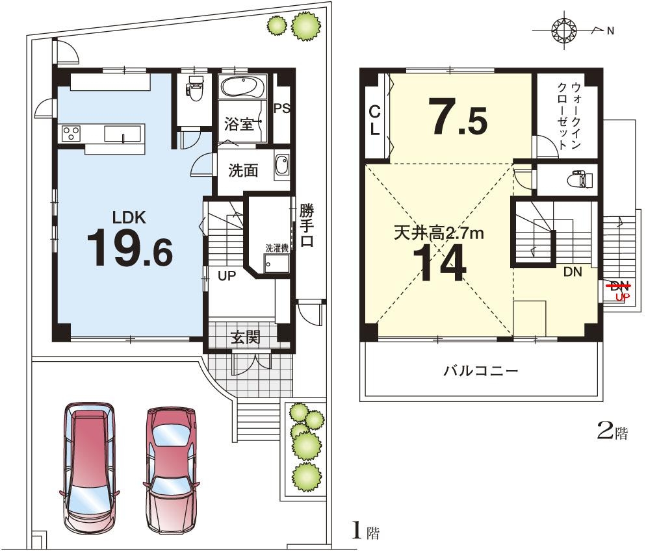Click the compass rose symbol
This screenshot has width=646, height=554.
point(564,30)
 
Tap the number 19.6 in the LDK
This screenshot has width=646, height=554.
point(130,249)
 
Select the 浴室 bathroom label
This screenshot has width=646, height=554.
point(239,124)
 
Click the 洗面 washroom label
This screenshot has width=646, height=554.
point(243,170)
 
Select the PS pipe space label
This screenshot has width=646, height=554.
point(282,108)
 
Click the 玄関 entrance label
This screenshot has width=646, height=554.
point(246,338)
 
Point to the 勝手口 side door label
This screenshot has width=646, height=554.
point(307,225)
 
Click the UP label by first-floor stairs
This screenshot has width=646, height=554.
point(227,276)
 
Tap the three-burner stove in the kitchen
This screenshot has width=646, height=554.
point(71,134)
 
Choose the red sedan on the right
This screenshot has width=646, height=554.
point(170,470)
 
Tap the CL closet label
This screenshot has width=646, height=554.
point(374,121)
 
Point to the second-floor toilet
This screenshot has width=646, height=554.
point(580,179)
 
